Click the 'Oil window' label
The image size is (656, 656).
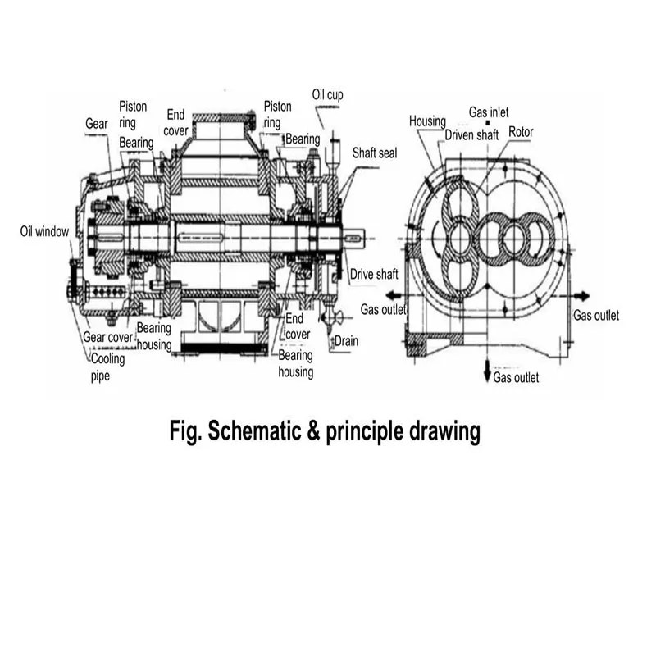(44, 231)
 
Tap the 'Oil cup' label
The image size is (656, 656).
(327, 94)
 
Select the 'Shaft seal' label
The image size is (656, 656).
(375, 153)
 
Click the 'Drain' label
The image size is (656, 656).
(345, 340)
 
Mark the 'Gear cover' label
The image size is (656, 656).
(108, 336)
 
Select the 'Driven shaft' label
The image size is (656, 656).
(471, 134)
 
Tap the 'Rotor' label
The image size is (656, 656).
(522, 132)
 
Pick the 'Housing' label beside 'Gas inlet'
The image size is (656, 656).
(427, 121)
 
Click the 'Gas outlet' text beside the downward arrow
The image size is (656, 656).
(516, 378)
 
